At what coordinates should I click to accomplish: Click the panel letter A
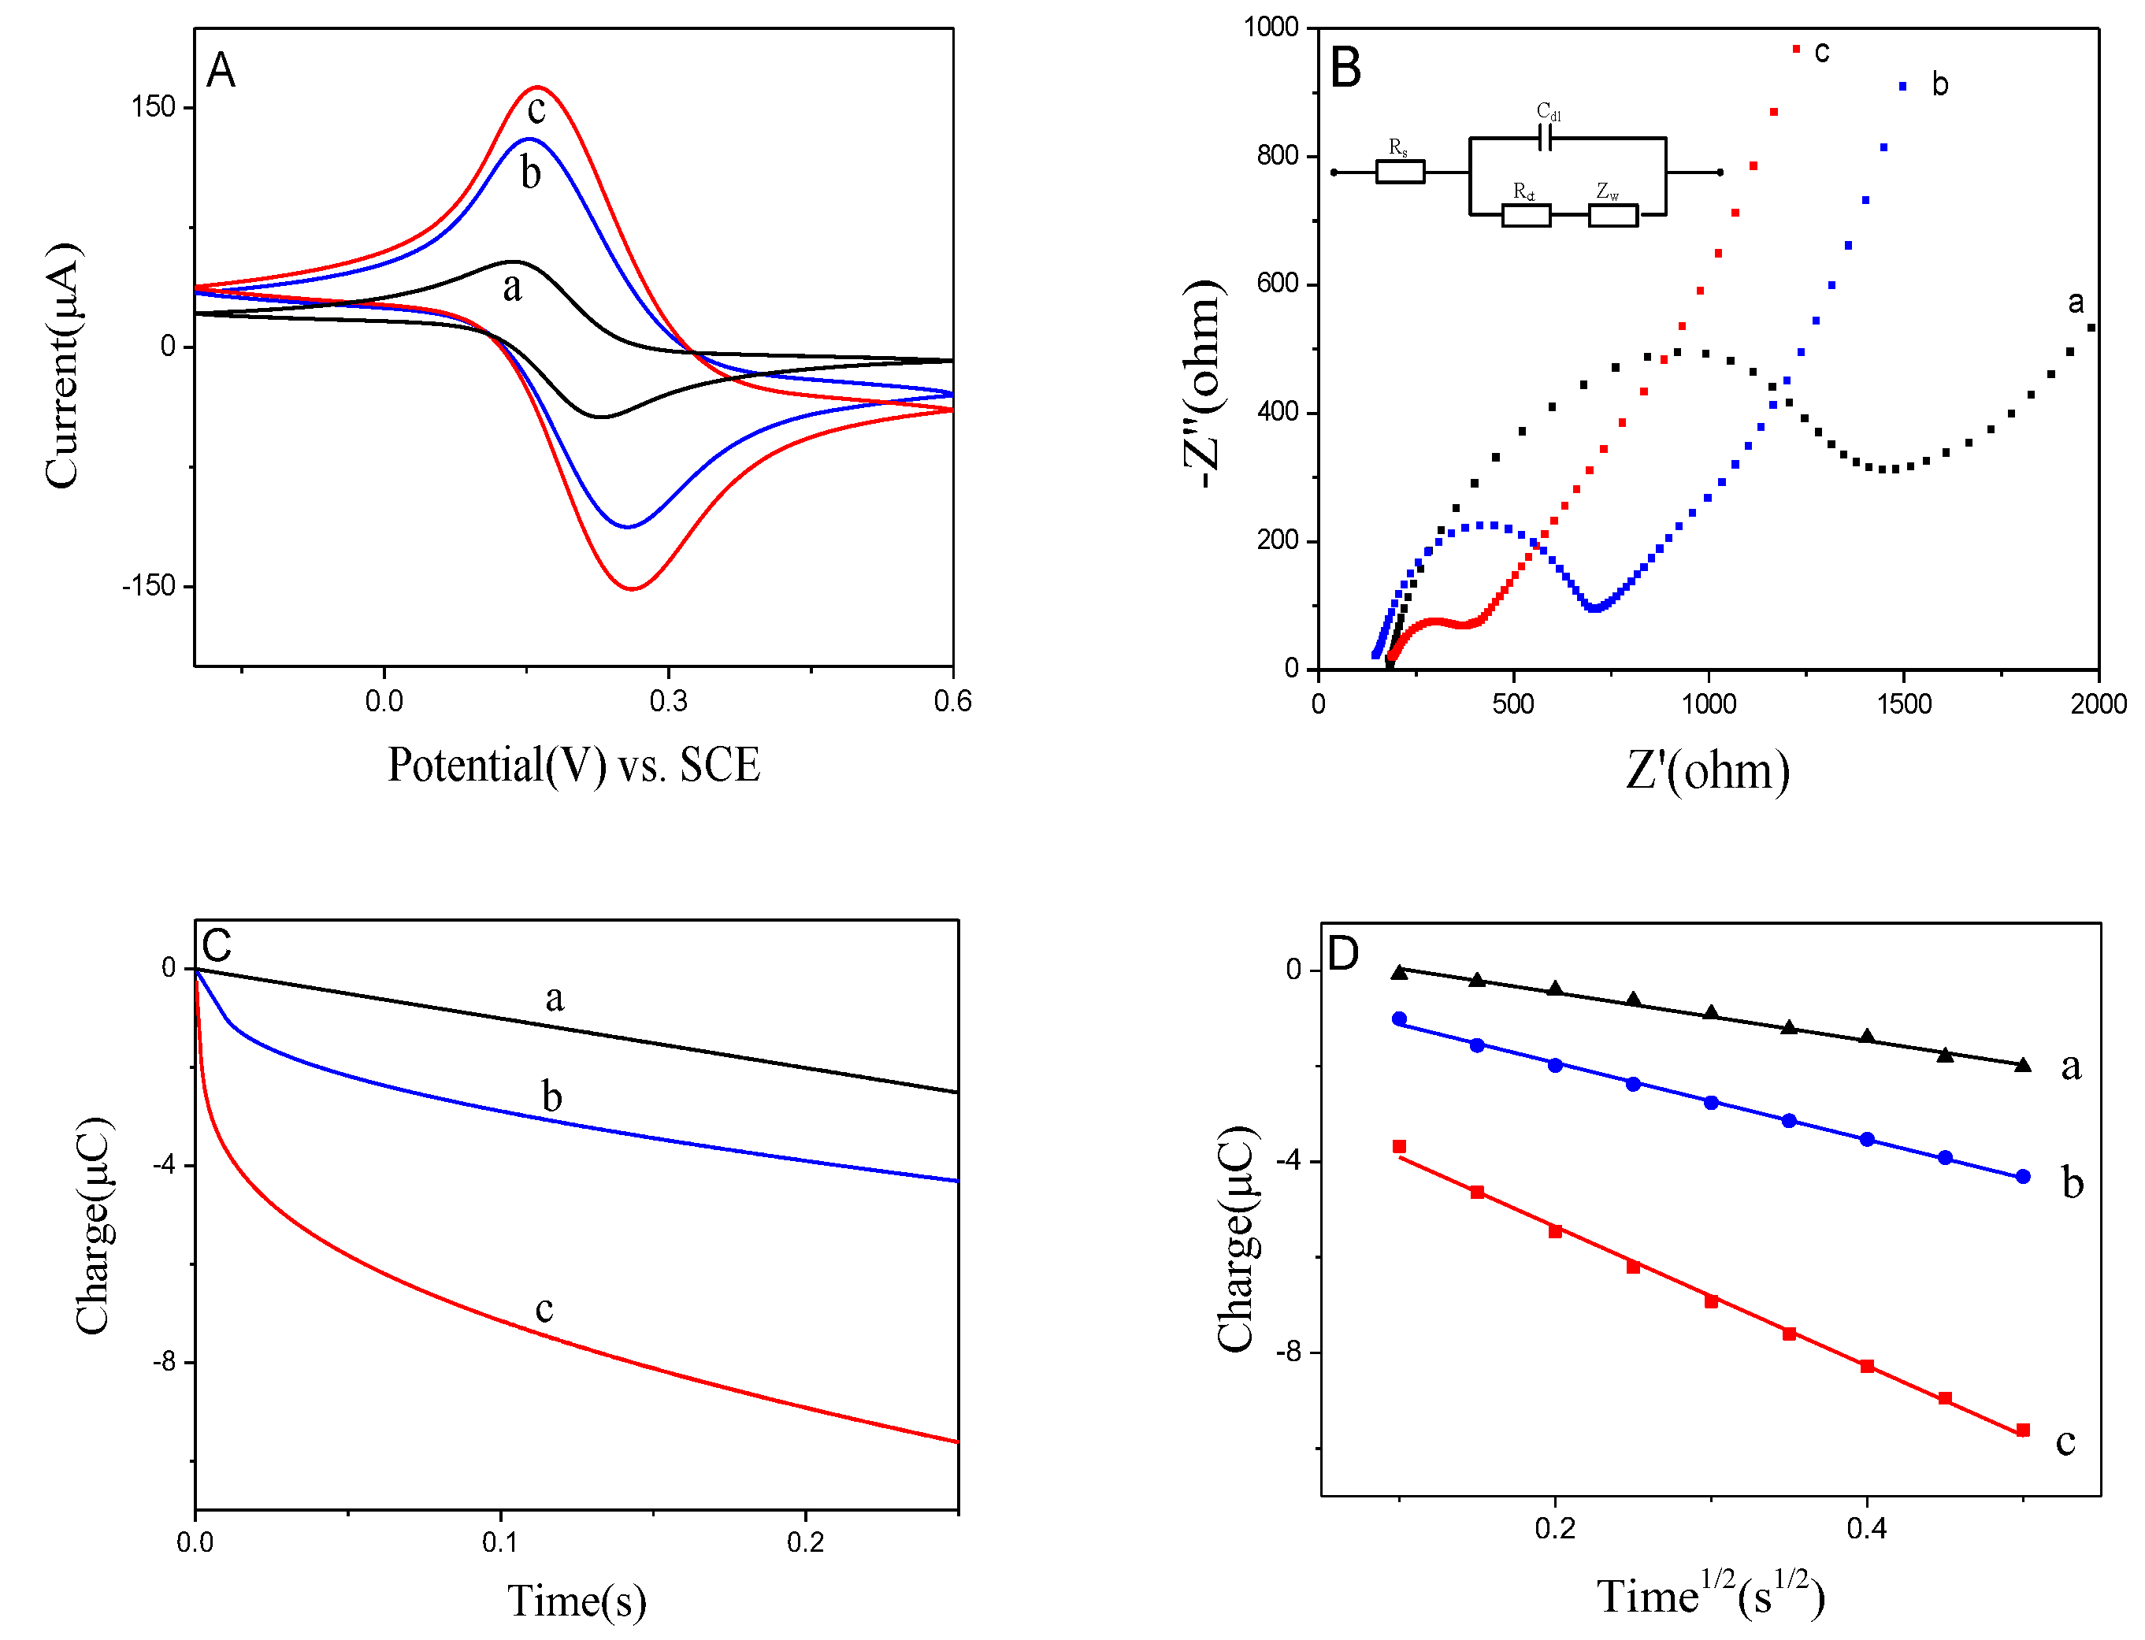coord(221,71)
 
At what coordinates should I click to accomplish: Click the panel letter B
coord(1345,69)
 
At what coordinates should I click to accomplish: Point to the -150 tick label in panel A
coord(148,586)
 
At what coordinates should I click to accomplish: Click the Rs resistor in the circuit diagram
coord(1399,173)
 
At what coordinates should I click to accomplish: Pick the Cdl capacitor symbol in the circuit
coord(1546,139)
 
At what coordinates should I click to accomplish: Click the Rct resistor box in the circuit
coord(1525,215)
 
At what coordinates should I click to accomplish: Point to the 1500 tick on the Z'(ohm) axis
coord(1903,704)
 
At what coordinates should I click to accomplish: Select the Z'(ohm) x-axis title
coord(1707,771)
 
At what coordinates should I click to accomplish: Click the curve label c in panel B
coord(1821,52)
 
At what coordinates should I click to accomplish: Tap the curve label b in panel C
coord(551,1097)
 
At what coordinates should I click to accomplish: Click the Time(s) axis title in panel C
coord(576,1601)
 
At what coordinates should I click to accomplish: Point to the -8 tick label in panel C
coord(163,1362)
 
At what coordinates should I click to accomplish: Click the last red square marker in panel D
coord(2022,1430)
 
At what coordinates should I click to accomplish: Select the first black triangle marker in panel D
coord(1399,972)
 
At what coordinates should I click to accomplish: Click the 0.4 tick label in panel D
coord(1866,1529)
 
